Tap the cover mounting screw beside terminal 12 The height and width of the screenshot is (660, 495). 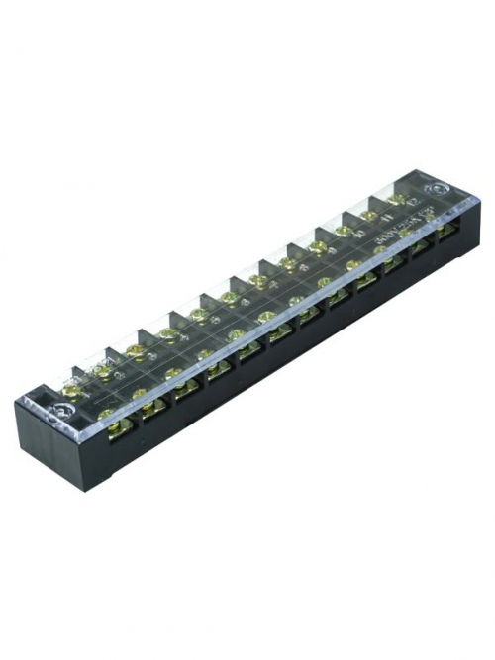[435, 189]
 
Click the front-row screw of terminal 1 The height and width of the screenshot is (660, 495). [106, 415]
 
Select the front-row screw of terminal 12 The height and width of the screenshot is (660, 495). [432, 225]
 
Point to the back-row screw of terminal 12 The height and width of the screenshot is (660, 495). [396, 199]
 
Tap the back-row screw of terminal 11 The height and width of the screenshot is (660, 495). [370, 215]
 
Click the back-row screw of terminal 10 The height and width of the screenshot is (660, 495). [345, 231]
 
